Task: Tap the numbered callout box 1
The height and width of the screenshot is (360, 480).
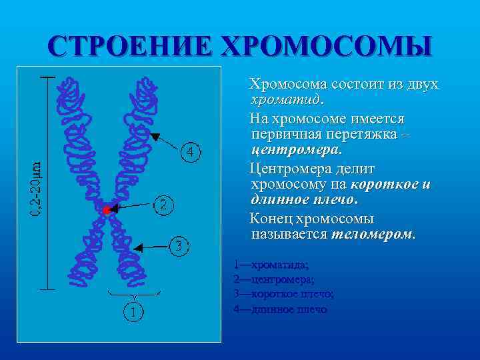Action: (x=134, y=311)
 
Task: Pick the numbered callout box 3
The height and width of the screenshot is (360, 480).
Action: (x=179, y=246)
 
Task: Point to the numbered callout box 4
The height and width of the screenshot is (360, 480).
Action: (x=191, y=153)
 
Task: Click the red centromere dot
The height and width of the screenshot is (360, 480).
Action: (x=105, y=210)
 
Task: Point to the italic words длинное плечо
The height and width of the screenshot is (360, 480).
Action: (x=303, y=200)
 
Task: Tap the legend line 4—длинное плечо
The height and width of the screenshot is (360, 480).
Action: (x=281, y=309)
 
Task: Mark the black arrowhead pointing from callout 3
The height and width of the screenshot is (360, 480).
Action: (x=138, y=248)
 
